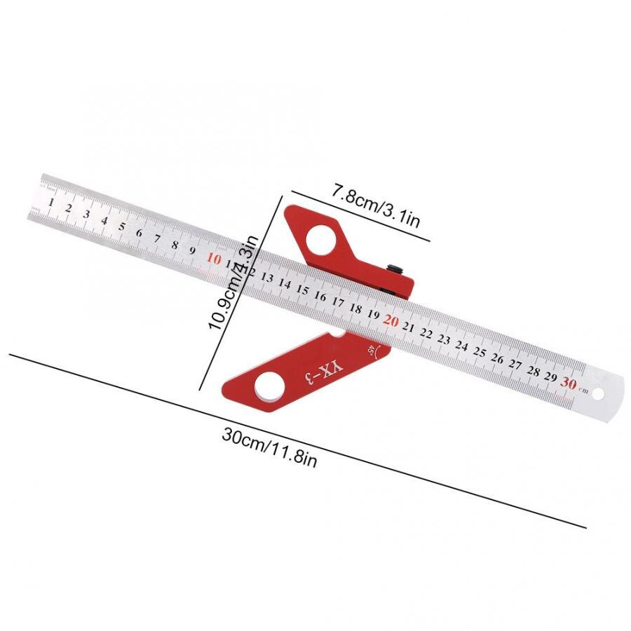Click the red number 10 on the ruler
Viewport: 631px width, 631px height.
tap(215, 259)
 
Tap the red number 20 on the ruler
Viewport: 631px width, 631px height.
tap(391, 320)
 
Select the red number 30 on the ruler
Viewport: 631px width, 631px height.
tap(569, 383)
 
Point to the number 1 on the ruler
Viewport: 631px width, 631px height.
tap(51, 202)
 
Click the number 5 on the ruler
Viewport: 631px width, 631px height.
tap(122, 226)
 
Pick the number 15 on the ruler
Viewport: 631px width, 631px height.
tap(302, 290)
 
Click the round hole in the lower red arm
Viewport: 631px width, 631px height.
tap(270, 384)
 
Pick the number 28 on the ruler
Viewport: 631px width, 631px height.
tap(534, 370)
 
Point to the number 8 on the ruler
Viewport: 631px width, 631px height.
tap(175, 245)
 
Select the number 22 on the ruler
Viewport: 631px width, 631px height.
tap(426, 333)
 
